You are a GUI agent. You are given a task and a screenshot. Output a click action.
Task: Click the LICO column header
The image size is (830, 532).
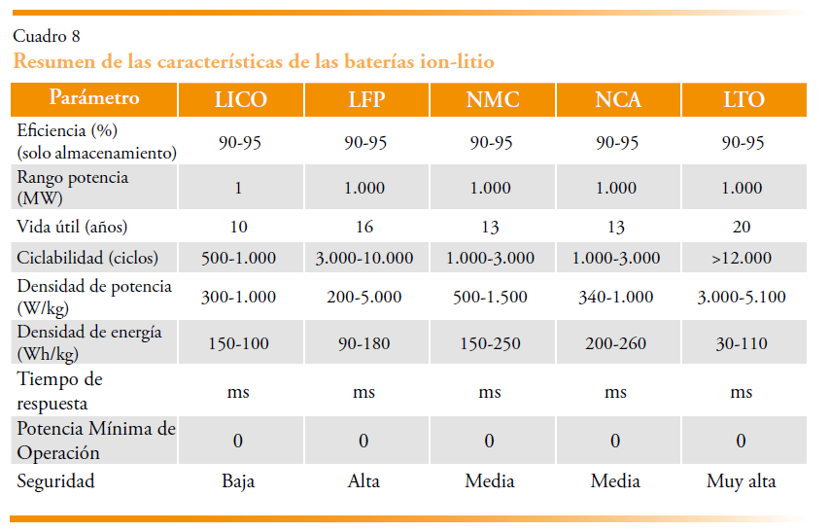coord(238,100)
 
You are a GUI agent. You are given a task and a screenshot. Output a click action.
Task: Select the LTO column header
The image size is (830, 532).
coord(743,100)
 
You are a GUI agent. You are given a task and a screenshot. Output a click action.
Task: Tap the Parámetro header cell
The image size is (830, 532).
coord(93,98)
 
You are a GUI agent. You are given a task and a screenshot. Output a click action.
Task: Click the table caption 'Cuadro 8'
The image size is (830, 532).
coord(46,37)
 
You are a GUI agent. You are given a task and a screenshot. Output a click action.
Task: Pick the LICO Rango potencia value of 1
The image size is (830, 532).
coord(238,188)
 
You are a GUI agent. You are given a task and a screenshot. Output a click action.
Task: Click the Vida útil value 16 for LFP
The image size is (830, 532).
coord(364,228)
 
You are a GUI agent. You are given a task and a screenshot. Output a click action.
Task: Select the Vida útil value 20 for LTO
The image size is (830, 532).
coord(743,228)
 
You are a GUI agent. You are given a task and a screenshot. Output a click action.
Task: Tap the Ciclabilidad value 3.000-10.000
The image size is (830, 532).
coord(364,259)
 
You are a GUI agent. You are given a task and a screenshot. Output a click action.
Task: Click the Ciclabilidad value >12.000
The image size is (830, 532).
coord(743,259)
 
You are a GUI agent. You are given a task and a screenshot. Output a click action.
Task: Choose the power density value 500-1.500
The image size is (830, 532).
coord(491,297)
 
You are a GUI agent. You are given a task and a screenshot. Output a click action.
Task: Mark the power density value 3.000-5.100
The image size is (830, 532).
coord(743,297)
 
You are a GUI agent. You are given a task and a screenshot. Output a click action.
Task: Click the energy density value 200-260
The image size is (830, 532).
coord(616,343)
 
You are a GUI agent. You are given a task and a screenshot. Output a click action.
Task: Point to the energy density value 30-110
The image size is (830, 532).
coord(743,343)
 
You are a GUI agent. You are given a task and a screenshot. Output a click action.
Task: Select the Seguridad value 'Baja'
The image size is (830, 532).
coord(238,481)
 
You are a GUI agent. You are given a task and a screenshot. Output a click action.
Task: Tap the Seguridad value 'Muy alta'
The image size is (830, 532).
coord(743,481)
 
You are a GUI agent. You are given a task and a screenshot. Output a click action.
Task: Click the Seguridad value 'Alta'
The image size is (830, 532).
coord(364,481)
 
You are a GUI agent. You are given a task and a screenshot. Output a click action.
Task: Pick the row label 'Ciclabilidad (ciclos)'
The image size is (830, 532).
coord(87,259)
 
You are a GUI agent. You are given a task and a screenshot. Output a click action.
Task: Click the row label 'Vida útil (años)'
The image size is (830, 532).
coord(72,228)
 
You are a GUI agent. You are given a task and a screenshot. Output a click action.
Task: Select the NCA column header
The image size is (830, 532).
coord(616,100)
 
